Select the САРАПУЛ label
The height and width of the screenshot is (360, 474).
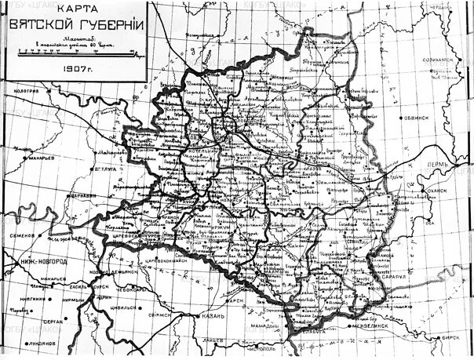click(385, 276)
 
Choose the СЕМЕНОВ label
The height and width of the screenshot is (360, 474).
click(19, 235)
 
